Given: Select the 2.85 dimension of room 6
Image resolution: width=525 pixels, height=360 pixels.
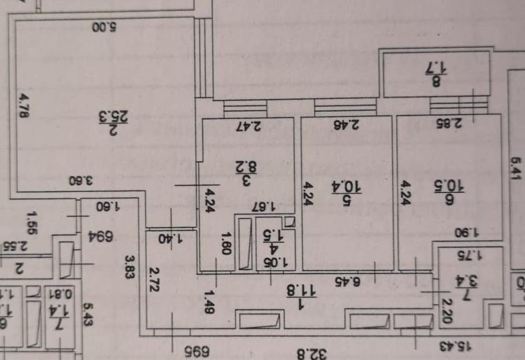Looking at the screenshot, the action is point(449,123).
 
